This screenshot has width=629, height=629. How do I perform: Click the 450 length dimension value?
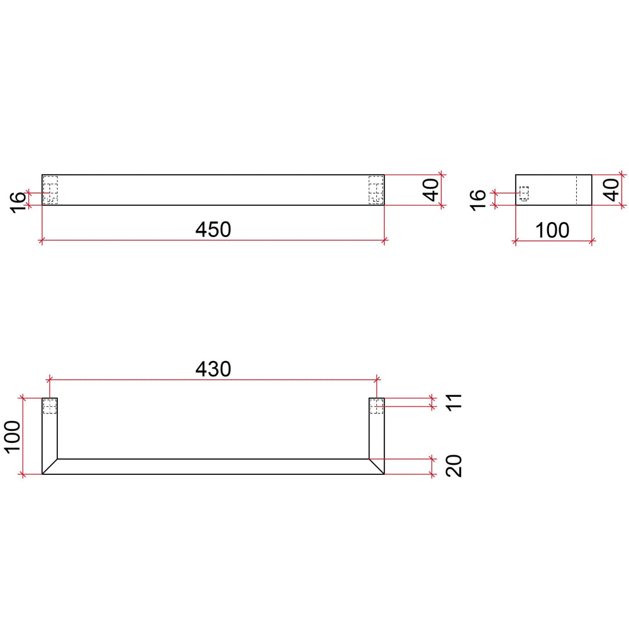coord(213,230)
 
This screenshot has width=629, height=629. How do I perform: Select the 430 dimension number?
coord(213,369)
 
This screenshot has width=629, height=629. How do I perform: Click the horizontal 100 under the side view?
coord(553,230)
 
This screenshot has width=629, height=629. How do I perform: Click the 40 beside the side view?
coord(611,189)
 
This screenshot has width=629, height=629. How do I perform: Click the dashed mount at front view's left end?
coord(50,189)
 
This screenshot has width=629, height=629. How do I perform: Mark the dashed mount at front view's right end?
coord(376,189)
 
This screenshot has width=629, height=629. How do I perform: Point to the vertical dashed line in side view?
coord(577,190)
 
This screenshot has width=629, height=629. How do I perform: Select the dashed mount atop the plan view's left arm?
coord(50,407)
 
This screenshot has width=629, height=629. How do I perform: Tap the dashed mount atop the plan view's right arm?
coord(376,406)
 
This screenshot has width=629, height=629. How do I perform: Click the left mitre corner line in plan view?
coord(50,466)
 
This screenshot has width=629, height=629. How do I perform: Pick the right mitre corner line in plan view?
coord(376,466)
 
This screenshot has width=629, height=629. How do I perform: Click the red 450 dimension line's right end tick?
coord(384,240)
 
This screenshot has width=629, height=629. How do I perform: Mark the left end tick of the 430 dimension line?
coord(49,379)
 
